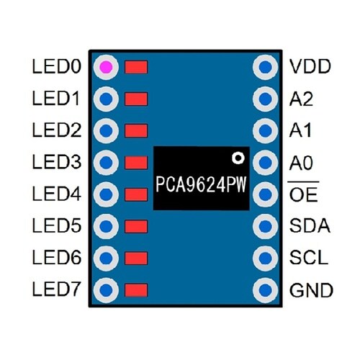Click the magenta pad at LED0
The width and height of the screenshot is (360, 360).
coord(107,67)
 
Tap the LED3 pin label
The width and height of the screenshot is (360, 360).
coord(55,163)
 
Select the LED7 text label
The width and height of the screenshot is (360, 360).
coord(55,290)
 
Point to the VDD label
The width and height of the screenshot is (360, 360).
coord(310,67)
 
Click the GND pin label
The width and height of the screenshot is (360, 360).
coord(311,291)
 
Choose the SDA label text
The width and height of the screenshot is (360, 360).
coord(310,227)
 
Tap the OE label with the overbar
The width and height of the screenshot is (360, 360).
coord(303,195)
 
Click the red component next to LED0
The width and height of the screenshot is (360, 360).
coord(136,67)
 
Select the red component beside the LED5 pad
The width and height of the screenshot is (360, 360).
coord(136,227)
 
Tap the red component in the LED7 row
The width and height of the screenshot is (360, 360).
coord(136,290)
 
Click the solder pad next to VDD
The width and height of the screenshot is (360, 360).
coord(266,67)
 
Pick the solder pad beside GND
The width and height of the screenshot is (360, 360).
coord(266,290)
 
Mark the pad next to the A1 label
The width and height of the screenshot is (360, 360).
coord(266,130)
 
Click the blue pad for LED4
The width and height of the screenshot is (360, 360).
coord(107,194)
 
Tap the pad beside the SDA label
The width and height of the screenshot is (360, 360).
coord(266,227)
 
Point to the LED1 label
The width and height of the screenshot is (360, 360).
coord(55,99)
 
